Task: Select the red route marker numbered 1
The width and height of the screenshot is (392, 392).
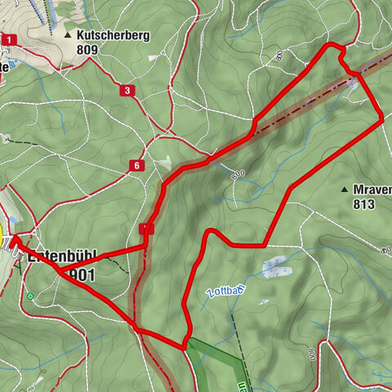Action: coord(9,39)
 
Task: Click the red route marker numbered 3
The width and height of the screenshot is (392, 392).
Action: coord(126,90)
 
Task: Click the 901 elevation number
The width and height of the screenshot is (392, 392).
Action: coord(82,275)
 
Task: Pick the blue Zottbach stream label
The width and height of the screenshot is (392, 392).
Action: coord(226,293)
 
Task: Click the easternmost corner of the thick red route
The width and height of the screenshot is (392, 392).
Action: coord(382,120)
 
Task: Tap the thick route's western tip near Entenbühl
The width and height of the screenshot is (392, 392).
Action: coord(14,238)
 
